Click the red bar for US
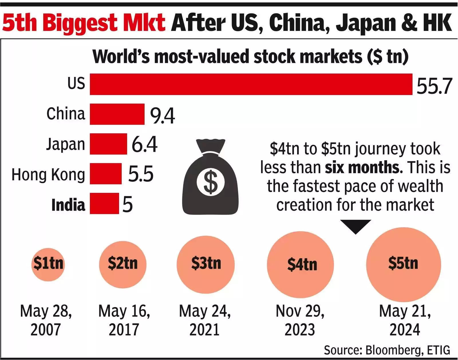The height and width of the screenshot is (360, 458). click(251, 84)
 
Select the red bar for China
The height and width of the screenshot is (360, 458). click(117, 114)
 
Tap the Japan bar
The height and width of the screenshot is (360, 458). click(108, 144)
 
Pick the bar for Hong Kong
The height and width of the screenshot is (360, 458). click(106, 174)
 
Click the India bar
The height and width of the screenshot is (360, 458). click(104, 203)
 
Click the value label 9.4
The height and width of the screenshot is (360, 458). click(162, 116)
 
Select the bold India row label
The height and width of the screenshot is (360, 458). click(68, 205)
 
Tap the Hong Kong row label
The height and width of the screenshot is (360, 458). click(48, 175)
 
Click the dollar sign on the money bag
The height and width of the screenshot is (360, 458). click(210, 182)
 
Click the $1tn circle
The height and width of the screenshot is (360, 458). click(48, 264)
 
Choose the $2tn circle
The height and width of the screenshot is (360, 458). click(123, 264)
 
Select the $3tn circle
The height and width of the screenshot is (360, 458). click(206, 264)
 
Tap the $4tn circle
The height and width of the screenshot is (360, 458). click(301, 264)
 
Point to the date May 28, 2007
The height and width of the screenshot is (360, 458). click(46, 320)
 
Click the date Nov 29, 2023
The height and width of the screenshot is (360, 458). click(300, 320)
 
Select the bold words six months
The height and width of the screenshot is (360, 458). click(364, 167)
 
